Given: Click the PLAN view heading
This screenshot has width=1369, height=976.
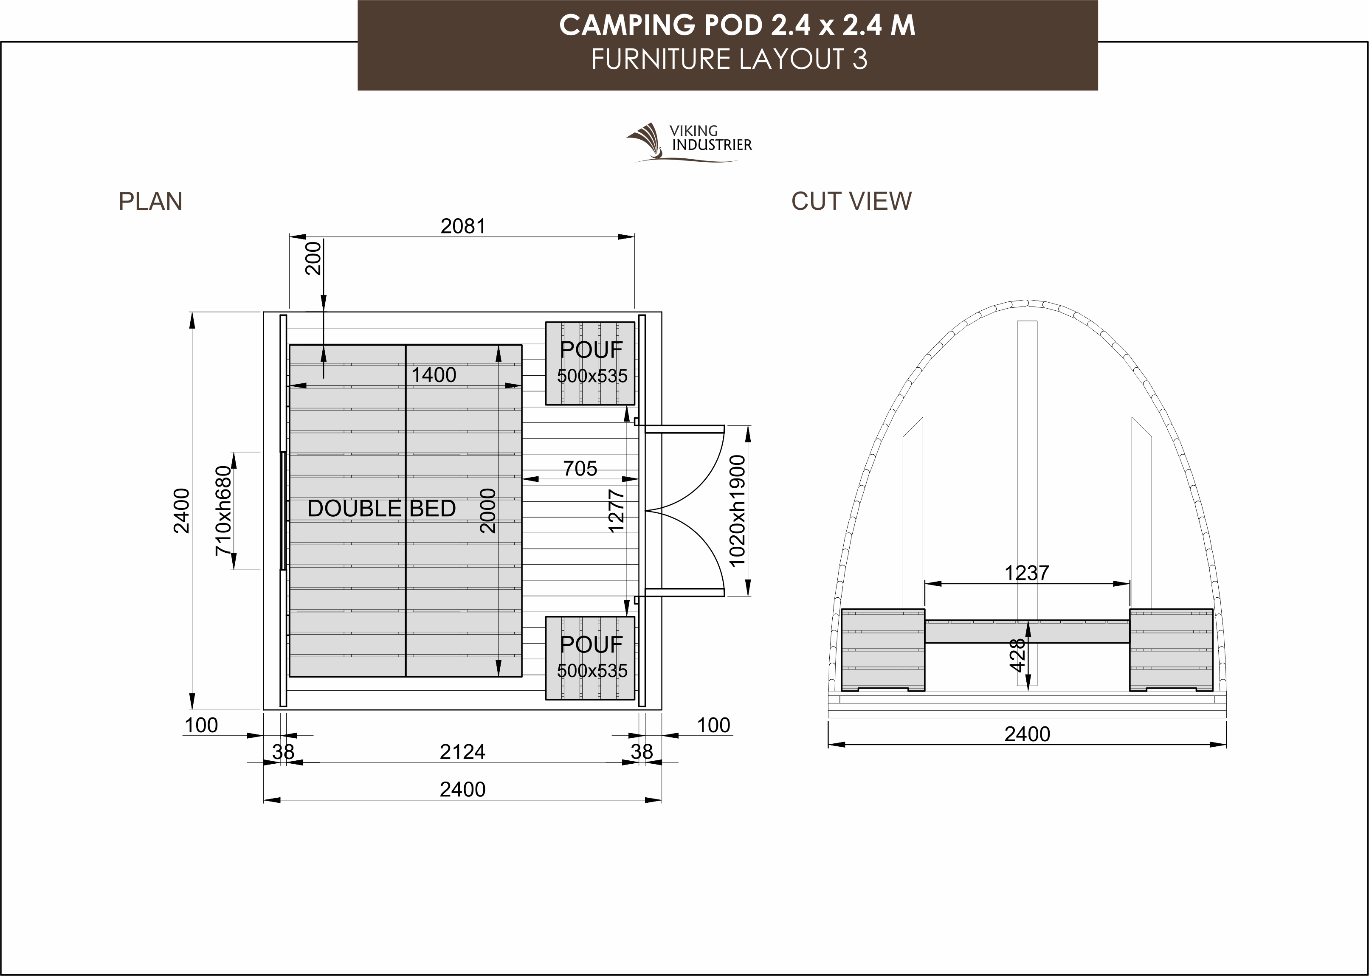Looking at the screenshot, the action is (150, 201).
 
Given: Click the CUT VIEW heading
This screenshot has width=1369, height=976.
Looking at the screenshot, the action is (851, 201).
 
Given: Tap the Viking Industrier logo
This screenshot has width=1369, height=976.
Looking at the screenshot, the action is (689, 143).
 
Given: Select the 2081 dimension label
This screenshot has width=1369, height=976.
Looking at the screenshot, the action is (463, 226).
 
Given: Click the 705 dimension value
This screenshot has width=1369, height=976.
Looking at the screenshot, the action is (580, 468).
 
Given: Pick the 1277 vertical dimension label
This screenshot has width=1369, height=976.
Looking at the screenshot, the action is (617, 511).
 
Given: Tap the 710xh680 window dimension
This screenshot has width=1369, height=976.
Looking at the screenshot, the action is (223, 510).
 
